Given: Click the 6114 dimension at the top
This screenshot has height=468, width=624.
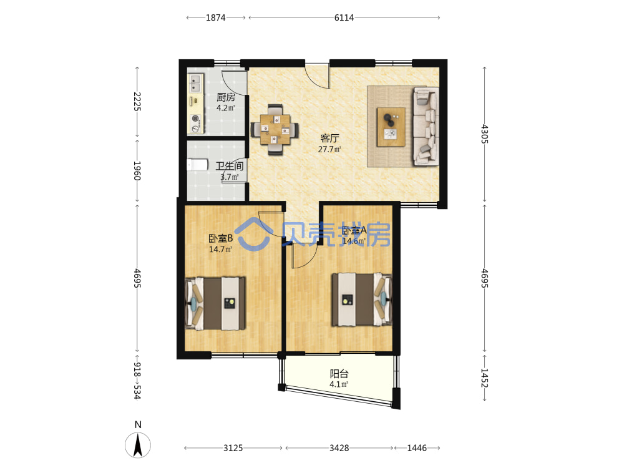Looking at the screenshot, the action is tap(344, 17).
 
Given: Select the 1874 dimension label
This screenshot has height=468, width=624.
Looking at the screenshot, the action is tap(216, 17).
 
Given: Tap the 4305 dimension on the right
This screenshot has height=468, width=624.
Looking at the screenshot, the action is tap(484, 134).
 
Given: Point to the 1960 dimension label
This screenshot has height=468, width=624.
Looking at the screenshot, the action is tap(137, 171).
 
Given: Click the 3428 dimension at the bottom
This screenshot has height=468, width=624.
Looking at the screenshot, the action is tap(339, 448).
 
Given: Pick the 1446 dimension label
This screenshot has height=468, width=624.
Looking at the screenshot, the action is tap(417, 448).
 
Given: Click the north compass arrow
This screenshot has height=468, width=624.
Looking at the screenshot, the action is tap(138, 445).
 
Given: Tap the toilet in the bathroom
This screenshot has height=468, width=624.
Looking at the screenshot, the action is tap(197, 165).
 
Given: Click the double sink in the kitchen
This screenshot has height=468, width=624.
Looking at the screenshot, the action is tap(195, 84).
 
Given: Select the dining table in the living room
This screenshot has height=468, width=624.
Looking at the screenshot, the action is tap(275, 130).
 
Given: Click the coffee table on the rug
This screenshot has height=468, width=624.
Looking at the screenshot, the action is tap(391, 127).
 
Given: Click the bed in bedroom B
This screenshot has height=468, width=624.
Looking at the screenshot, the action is tap(215, 303).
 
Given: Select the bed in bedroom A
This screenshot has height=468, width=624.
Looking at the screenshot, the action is tap(362, 300).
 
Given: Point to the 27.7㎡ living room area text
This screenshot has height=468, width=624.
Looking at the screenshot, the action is tap(329, 150).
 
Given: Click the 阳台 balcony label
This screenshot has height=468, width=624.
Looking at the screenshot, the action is tap(339, 374).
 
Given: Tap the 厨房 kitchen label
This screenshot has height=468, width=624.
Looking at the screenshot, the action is tap(226, 97).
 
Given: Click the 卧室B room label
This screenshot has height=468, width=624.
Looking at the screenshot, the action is tap(220, 238).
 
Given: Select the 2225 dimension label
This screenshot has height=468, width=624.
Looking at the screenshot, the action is tap(137, 102).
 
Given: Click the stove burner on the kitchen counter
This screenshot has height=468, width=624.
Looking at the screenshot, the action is tap(195, 118).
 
